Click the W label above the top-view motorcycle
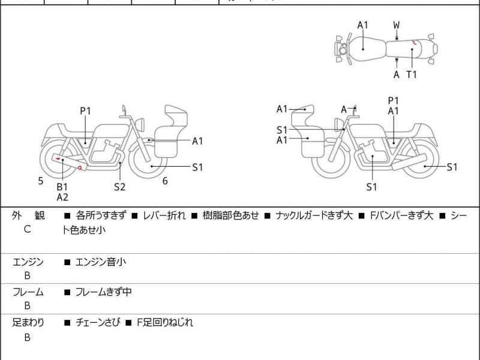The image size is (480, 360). coord(397,25)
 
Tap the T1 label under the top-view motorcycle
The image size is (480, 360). coord(411,74)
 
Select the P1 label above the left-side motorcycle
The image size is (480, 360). coord(85,110)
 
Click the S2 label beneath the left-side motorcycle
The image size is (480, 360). coord(120,187)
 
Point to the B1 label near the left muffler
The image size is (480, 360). coord(62,187)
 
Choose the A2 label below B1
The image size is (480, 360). coord(62,197)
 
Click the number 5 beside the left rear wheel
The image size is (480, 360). coord(41,181)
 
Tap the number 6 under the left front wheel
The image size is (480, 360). coord(164,181)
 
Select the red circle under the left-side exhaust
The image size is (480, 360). coord(80,168)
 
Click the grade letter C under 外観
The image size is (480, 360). coord(27,229)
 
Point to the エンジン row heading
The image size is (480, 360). coord(28,262)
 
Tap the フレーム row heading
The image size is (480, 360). coord(28,292)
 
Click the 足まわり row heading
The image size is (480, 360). coord(28,323)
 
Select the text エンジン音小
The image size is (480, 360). coord(100,262)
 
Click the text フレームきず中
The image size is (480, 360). coord(103,292)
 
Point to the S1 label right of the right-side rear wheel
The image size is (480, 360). coord(452,167)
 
